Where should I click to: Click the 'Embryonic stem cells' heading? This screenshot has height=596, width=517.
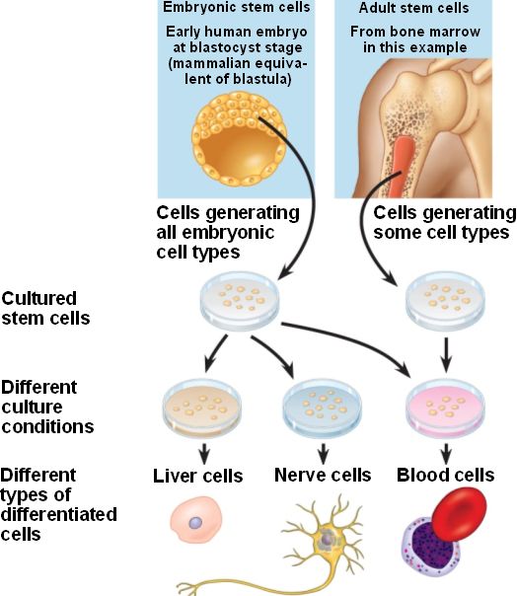coord(237,7)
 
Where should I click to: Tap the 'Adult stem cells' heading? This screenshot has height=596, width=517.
coord(413,8)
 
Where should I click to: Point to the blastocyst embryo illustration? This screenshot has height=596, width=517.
coord(239,139)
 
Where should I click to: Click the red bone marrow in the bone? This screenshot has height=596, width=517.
coord(401,166)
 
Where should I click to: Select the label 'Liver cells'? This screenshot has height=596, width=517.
coord(197,476)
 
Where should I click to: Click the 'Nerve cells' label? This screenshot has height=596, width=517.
coord(323,476)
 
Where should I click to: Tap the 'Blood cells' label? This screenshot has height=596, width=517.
coord(446,476)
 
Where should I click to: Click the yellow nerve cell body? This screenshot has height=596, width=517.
coord(328,539)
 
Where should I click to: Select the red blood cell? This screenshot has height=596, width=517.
coord(459,514)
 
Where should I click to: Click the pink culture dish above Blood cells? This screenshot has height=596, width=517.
coord(446,408)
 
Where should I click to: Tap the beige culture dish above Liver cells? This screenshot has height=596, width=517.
coord(201,408)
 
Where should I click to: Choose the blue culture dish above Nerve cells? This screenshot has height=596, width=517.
coord(323,408)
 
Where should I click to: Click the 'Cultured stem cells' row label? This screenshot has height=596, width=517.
coord(45,308)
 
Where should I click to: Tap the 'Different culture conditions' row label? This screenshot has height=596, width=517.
coord(47,407)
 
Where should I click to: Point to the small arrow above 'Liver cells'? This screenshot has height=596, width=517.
coord(204,453)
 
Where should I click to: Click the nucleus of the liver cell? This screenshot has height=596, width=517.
coord(195,523)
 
